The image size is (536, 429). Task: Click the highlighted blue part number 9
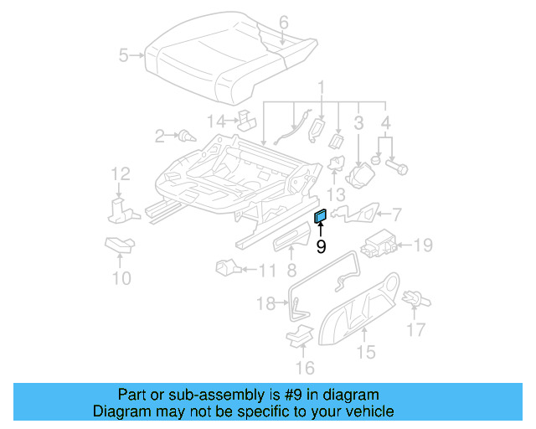[320, 218]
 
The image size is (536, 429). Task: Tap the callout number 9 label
[321, 246]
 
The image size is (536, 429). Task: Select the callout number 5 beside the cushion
[124, 56]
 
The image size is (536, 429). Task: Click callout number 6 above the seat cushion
[283, 22]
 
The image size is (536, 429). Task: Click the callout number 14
[216, 121]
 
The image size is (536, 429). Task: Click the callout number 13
[337, 194]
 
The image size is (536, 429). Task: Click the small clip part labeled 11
[224, 268]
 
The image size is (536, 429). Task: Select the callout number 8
[291, 270]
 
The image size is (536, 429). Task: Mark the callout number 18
[265, 304]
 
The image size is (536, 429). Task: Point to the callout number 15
[366, 353]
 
